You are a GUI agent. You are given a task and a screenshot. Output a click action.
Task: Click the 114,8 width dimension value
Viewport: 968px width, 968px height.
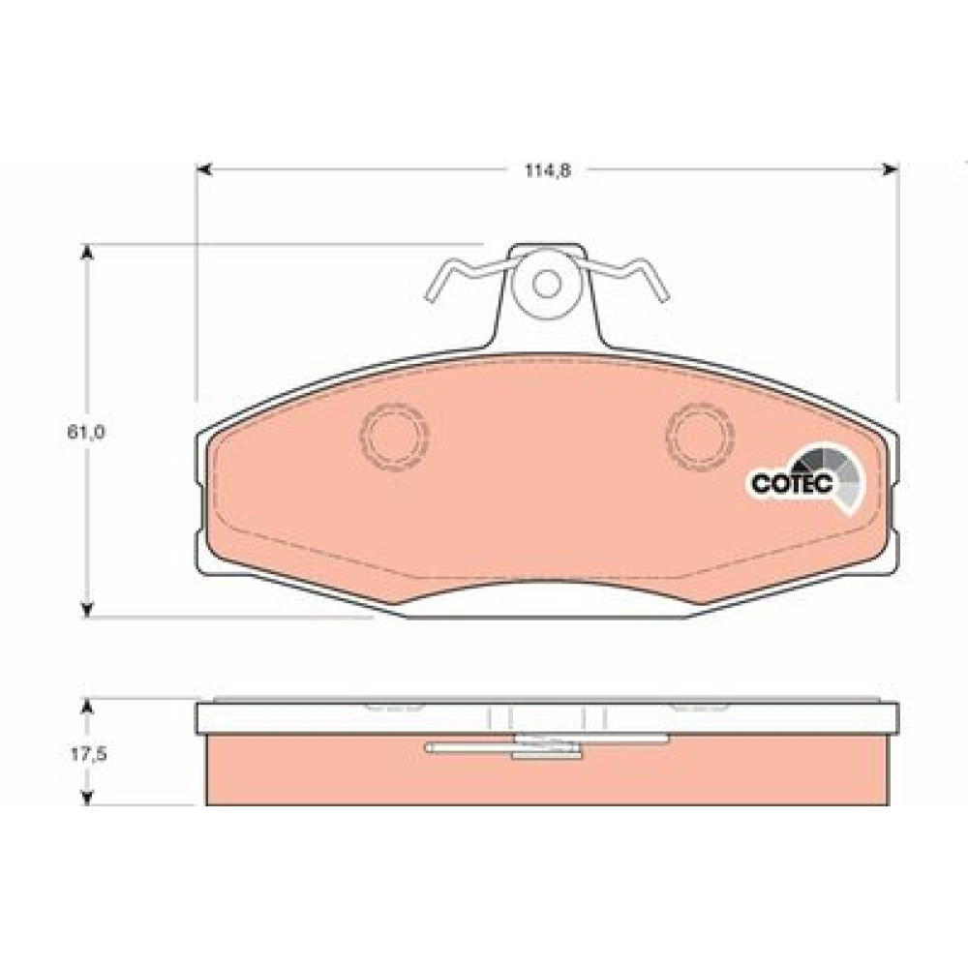(x=548, y=171)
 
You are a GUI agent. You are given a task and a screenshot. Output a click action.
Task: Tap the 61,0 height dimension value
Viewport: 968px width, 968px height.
(x=86, y=432)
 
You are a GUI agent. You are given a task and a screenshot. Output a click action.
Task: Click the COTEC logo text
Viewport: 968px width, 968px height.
(x=792, y=483)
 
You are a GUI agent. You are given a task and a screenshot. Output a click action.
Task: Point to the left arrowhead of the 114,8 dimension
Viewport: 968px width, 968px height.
(x=203, y=169)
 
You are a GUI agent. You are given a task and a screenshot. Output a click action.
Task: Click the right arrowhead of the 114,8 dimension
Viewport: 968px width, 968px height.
(x=891, y=169)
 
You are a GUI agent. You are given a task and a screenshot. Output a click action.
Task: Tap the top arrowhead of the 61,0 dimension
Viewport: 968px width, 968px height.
(x=87, y=252)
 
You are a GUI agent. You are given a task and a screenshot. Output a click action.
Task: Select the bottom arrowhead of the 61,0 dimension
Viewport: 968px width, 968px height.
(x=87, y=609)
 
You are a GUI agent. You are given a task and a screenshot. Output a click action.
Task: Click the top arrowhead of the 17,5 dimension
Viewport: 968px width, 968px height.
(x=87, y=707)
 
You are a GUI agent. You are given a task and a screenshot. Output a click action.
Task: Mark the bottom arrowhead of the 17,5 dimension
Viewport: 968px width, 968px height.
(x=87, y=798)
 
